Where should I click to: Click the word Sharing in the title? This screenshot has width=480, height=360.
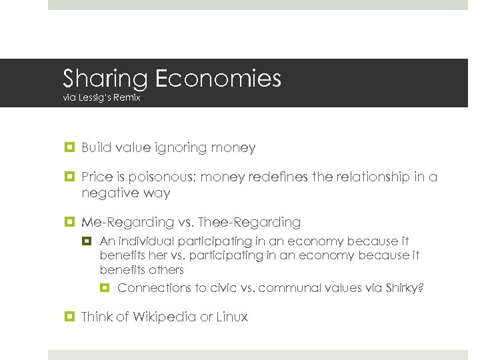(x=105, y=79)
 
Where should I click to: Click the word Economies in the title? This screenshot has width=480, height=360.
(x=218, y=79)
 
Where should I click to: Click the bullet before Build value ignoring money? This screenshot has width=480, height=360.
(x=69, y=148)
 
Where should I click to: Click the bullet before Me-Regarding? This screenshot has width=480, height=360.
(x=69, y=222)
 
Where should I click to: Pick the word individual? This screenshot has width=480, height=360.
(x=143, y=241)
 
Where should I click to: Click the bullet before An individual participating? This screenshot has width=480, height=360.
(x=88, y=241)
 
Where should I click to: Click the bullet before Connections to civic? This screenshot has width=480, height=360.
(x=105, y=288)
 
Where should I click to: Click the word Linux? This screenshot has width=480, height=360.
(x=231, y=317)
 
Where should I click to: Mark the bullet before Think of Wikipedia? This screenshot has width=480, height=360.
(x=69, y=317)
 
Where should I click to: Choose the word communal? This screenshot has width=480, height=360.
(x=291, y=287)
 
